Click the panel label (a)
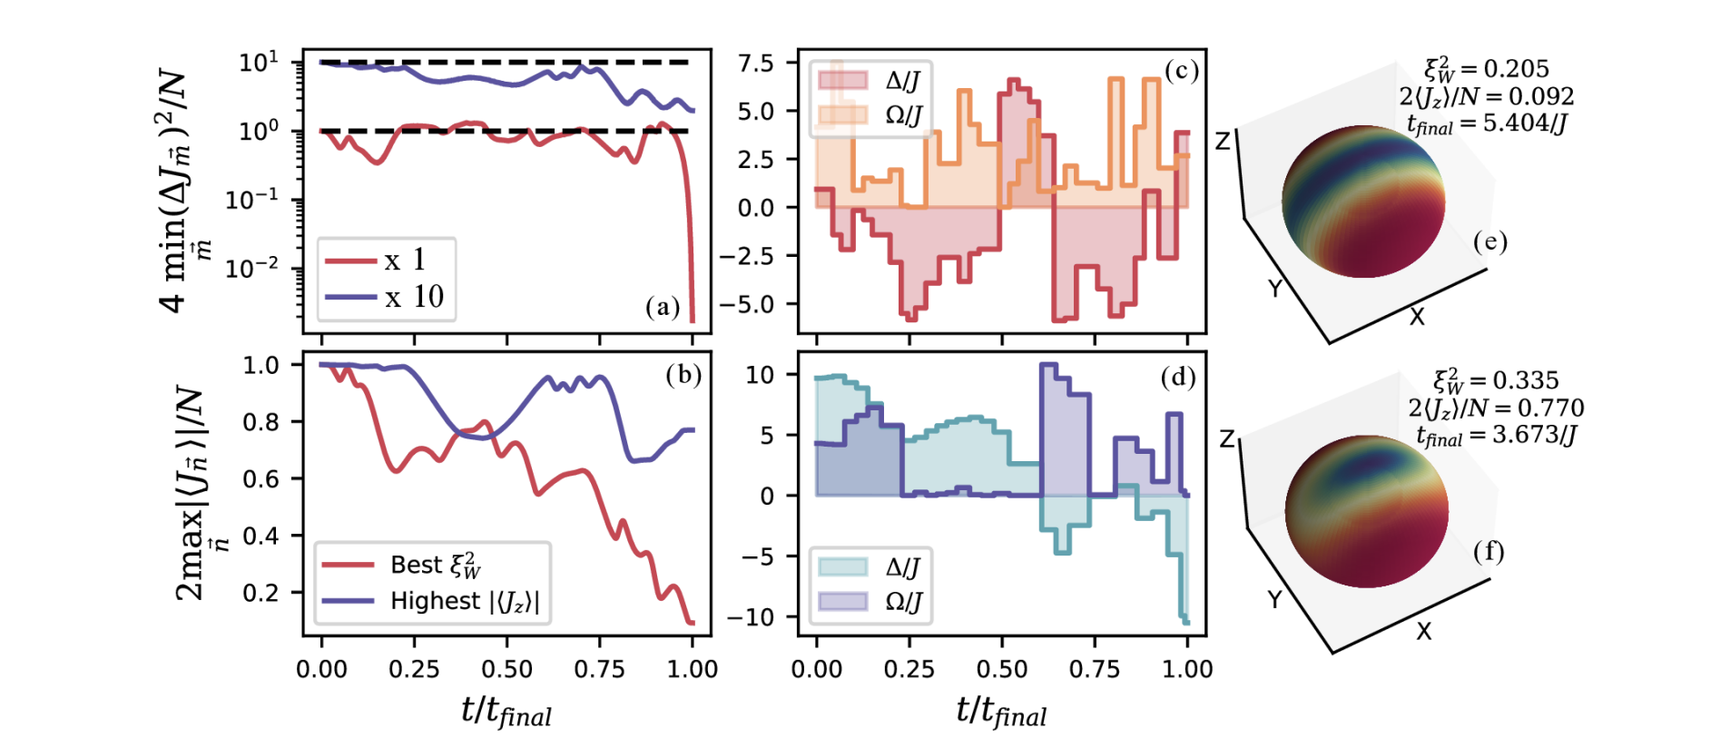pos(662,307)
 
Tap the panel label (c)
pos(1181,70)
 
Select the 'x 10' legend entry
pos(414,297)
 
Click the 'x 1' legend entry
pos(405,261)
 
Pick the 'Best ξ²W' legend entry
pos(435,565)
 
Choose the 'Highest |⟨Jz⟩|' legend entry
pos(464,601)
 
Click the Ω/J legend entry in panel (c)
pos(902,115)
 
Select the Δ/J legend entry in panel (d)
pos(902,567)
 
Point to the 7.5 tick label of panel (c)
pos(755,64)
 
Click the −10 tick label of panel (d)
pos(750,617)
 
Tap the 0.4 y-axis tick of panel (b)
pos(260,536)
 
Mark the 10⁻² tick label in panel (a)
pos(251,269)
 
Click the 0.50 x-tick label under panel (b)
pos(506,670)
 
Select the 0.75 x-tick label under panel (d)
pos(1095,670)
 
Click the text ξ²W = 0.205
pos(1486,68)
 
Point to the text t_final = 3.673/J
pos(1496,436)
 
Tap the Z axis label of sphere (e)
pos(1223,141)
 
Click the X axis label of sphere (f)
pos(1423,631)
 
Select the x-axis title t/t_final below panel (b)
pos(506,712)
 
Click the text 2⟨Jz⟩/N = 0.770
pos(1496,408)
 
